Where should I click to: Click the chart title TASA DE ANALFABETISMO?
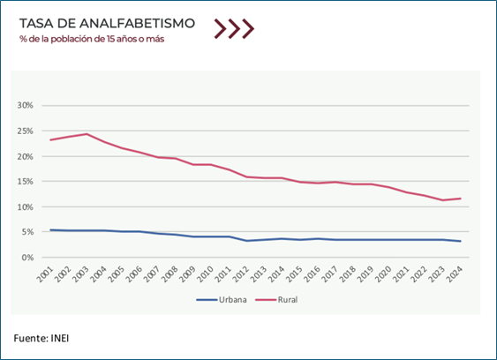107,24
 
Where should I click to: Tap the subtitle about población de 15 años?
92,39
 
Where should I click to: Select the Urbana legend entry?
222,299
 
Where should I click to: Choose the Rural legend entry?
276,299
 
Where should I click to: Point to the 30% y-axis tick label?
25,105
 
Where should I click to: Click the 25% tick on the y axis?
25,131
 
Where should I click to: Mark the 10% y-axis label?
25,207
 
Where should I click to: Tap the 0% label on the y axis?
27,258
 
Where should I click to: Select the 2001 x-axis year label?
45,274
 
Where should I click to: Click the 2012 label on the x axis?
241,274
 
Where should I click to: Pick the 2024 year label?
455,274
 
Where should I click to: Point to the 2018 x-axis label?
348,274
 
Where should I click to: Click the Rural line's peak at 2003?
87,134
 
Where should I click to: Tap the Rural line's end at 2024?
460,199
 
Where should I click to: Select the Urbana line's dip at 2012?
246,241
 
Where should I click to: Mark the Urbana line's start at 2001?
50,230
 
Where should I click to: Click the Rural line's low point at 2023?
442,200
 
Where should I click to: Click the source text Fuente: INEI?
41,338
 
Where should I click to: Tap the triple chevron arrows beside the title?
234,29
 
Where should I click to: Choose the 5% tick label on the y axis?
27,232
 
